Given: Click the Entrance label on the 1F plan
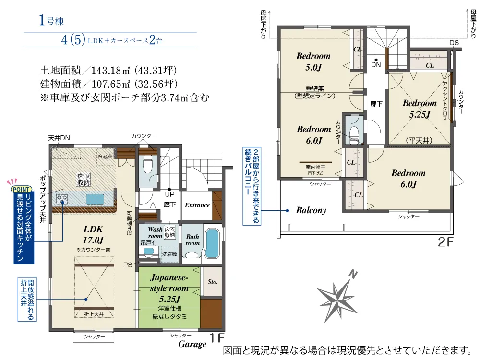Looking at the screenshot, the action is [197, 205].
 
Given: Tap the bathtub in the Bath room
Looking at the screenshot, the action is [212, 243].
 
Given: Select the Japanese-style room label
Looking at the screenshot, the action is [169, 288].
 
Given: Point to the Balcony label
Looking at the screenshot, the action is [311, 210].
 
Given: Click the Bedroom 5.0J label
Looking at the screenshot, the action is [313, 61].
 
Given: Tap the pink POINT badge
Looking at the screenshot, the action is [21, 189].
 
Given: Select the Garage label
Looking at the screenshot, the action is [192, 344].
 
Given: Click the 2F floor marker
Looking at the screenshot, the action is [445, 242].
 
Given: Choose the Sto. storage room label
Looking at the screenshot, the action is [213, 282].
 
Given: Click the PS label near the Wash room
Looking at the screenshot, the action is [128, 265].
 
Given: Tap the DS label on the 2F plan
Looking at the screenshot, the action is [454, 43].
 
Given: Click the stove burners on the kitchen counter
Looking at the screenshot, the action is [62, 200].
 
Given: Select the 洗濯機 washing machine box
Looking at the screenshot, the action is [169, 254].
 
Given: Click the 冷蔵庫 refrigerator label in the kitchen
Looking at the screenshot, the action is [105, 156].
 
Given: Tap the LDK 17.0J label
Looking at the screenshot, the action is [93, 235].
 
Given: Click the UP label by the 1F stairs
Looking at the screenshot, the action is [169, 194].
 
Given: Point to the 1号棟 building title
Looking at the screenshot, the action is [51, 21].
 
